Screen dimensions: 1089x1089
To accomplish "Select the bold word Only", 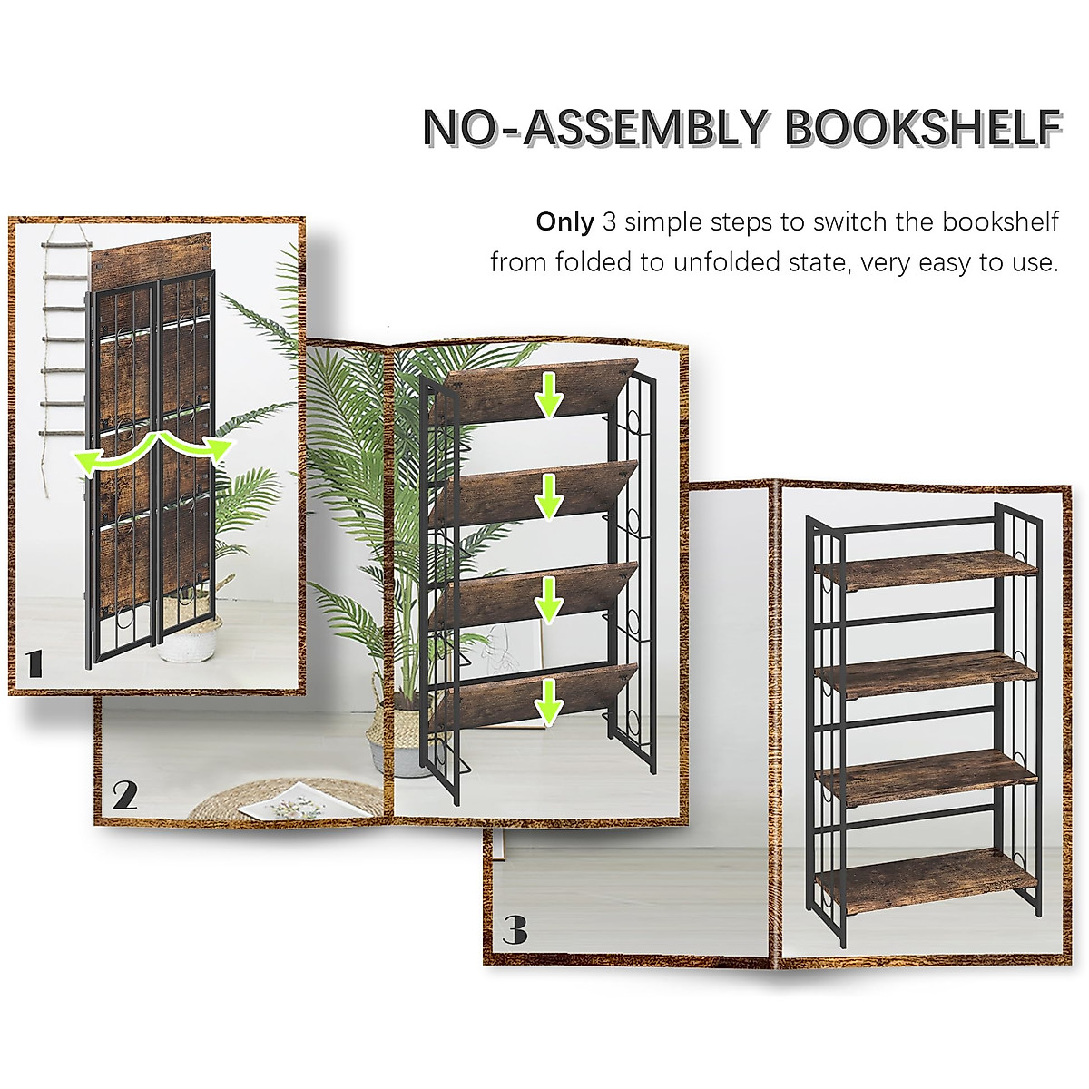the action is coord(564,221).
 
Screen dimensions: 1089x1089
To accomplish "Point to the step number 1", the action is coord(34,663).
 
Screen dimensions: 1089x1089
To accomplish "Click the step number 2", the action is coord(125,795).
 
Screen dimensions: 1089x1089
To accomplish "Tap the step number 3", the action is coord(515,929).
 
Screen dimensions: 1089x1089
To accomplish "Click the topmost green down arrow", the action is coord(547,397).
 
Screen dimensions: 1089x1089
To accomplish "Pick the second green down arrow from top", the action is coord(547,496).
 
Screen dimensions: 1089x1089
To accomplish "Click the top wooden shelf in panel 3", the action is coord(926,568).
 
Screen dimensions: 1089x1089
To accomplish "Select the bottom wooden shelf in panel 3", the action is coord(926,879).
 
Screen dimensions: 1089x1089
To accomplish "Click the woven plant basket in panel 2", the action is coord(382,740).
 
